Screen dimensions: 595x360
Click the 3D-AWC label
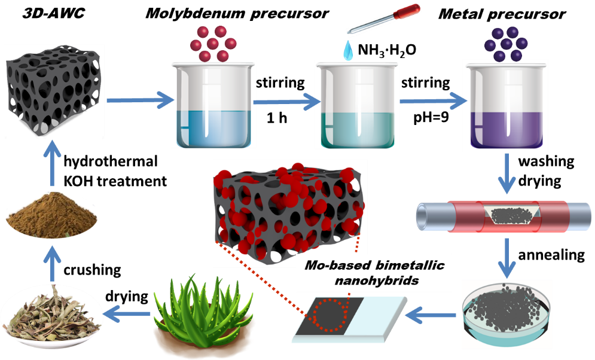pos(53,13)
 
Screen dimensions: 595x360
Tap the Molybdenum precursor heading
pos(237,14)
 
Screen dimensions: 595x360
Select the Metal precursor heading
pos(502,14)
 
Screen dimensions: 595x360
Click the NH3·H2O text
pos(387,50)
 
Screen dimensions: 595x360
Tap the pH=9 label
pos(431,118)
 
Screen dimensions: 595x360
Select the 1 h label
pos(277,118)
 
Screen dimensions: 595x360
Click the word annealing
pos(551,255)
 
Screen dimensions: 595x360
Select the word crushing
pos(92,270)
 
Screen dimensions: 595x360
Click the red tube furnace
pos(504,216)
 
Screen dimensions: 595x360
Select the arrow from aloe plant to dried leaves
pos(127,313)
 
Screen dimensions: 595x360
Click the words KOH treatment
pos(115,181)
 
